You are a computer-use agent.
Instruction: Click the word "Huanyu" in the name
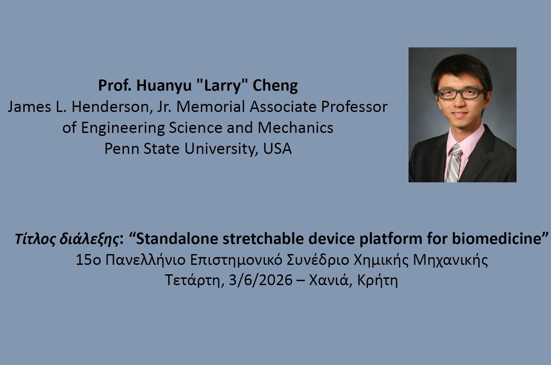pos(164,86)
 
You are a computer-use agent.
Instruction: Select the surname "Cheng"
pos(275,86)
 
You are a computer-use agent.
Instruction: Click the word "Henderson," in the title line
pos(112,107)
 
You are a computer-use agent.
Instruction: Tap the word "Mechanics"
pos(295,128)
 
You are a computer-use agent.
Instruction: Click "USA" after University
pos(278,149)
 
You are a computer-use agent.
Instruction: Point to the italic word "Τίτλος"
pos(36,239)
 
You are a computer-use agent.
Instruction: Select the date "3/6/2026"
pos(261,280)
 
